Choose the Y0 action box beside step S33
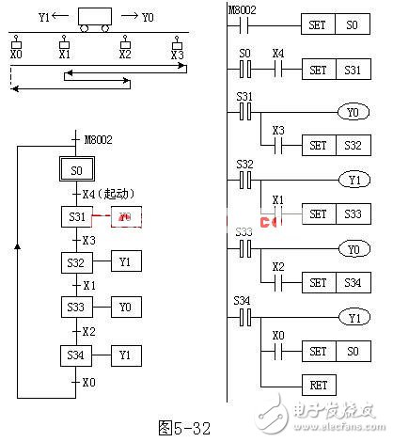coord(125,307)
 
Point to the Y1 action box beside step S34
coord(125,355)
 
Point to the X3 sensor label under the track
coord(178,55)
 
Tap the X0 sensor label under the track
coord(16,55)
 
